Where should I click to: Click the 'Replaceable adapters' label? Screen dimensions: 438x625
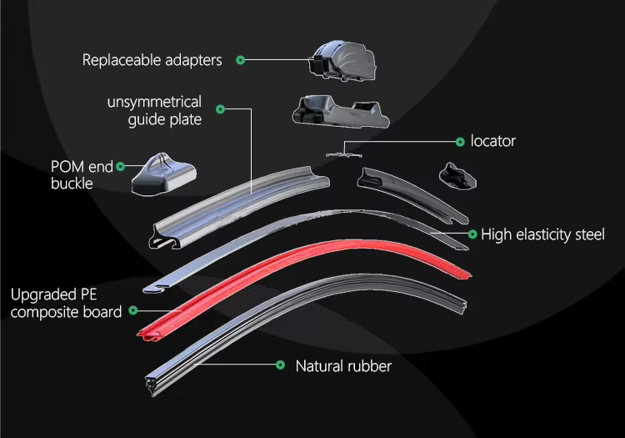pyautogui.click(x=152, y=60)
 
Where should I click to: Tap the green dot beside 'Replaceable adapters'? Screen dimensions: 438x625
pyautogui.click(x=240, y=60)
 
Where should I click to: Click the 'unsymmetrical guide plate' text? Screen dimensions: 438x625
pyautogui.click(x=154, y=111)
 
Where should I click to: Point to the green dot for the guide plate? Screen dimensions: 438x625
pyautogui.click(x=220, y=108)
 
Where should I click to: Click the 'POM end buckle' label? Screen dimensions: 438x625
pyautogui.click(x=82, y=175)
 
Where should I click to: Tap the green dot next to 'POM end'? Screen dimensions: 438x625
pyautogui.click(x=121, y=167)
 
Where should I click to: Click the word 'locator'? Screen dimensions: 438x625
pyautogui.click(x=493, y=141)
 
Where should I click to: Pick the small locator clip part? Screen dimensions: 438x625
pyautogui.click(x=337, y=153)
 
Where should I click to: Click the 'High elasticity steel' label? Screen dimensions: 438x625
pyautogui.click(x=542, y=234)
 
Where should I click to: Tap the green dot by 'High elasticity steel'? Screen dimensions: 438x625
pyautogui.click(x=472, y=234)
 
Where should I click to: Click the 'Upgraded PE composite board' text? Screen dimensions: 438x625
pyautogui.click(x=66, y=303)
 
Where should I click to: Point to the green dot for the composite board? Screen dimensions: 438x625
pyautogui.click(x=131, y=312)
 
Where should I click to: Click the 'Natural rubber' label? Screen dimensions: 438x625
pyautogui.click(x=343, y=365)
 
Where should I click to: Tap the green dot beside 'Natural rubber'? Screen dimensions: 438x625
pyautogui.click(x=278, y=365)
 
